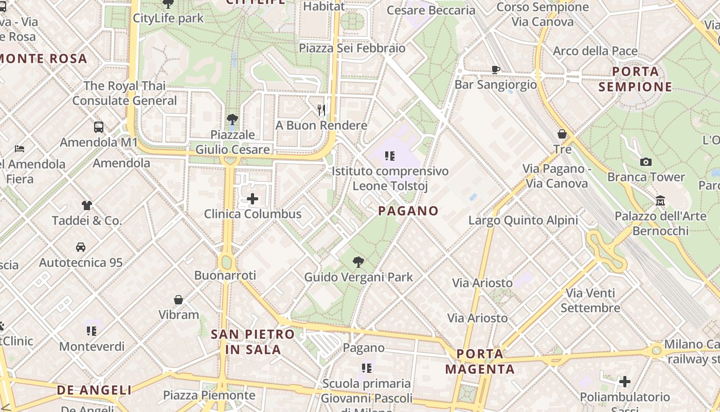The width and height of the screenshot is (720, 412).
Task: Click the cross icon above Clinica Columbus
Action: [x=253, y=199]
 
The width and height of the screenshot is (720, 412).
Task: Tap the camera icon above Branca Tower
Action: [x=646, y=162]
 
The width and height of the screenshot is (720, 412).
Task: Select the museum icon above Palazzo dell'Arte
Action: [x=660, y=200]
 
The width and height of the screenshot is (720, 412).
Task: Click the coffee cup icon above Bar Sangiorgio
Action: [x=496, y=70]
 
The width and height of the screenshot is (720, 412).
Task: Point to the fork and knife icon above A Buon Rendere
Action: [x=321, y=110]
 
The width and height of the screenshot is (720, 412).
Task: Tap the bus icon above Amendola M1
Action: [x=99, y=127]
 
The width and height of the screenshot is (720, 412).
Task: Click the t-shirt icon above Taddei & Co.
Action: [x=87, y=205]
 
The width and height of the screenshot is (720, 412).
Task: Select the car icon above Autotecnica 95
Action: [x=81, y=247]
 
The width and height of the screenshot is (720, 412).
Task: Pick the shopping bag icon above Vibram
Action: [x=178, y=300]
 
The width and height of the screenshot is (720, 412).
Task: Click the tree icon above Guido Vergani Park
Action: [x=358, y=262]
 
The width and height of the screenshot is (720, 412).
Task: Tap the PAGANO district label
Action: [x=408, y=211]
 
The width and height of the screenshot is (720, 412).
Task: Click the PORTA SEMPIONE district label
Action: [x=635, y=79]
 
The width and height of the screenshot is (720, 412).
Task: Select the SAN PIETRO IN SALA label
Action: [x=253, y=341]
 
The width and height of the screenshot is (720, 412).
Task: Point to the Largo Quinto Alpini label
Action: [x=523, y=220]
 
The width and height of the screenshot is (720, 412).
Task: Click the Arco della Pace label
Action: [x=595, y=51]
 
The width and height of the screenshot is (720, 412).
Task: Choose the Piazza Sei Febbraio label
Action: [x=352, y=48]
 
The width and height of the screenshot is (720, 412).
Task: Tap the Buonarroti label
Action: [x=225, y=276]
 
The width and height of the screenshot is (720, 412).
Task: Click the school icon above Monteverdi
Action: [x=92, y=331]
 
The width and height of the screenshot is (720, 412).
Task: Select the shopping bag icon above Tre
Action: [x=562, y=134]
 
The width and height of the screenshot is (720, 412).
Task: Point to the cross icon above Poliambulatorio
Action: [x=625, y=382]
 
